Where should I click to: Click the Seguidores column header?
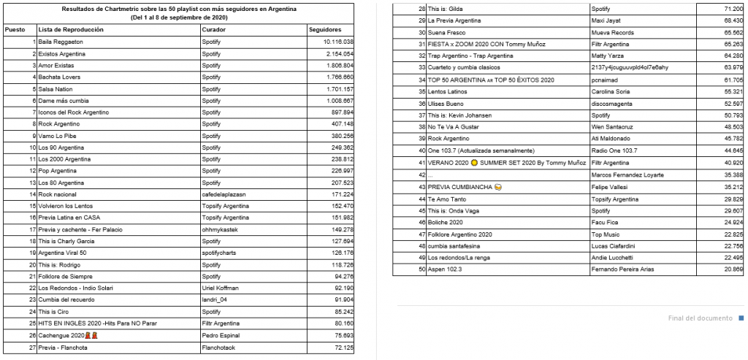(x=325, y=30)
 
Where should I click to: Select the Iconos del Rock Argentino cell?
(x=73, y=112)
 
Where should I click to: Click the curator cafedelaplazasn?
(x=226, y=194)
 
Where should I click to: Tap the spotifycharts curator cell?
(x=220, y=253)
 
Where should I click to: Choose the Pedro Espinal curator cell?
(x=220, y=335)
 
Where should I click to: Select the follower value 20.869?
(x=733, y=269)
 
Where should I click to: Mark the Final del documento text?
(x=700, y=318)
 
